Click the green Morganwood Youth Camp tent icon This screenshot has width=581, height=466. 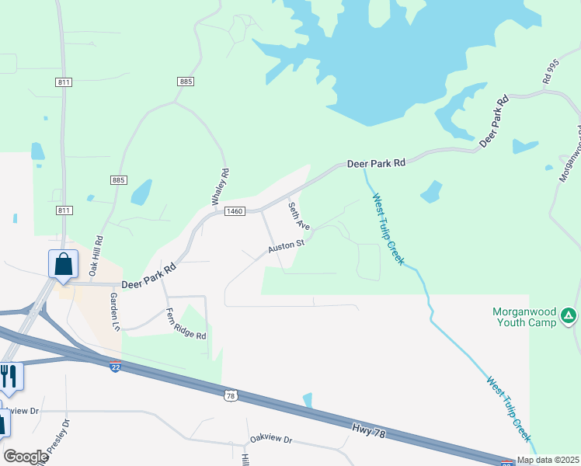click(569, 315)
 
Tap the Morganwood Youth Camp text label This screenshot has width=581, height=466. click(524, 318)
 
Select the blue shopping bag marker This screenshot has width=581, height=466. click(63, 264)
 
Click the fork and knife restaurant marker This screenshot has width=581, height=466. click(10, 376)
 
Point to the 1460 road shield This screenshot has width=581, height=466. click(235, 211)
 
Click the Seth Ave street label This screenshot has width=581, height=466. click(299, 216)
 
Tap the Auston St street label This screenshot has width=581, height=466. click(286, 246)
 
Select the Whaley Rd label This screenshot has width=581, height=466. click(221, 187)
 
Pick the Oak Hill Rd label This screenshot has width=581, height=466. click(96, 256)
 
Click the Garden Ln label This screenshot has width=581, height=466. click(115, 311)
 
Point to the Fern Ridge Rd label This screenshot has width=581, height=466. click(186, 325)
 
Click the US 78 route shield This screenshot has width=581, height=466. click(230, 396)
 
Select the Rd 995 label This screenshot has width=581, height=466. click(551, 71)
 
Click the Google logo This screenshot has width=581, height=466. click(26, 457)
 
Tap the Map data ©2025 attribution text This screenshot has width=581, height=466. click(547, 460)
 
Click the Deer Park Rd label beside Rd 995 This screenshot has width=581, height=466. click(493, 123)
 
